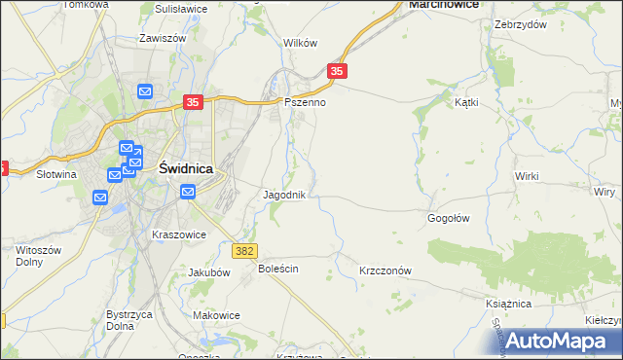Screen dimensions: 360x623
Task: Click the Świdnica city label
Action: (185, 167)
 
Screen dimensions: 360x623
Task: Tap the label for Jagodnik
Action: (285, 195)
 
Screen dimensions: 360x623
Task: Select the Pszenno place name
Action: (304, 101)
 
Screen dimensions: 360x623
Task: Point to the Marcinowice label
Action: (447, 5)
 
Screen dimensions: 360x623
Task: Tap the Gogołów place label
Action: (449, 218)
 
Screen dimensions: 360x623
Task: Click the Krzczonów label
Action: (386, 271)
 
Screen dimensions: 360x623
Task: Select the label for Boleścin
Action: (277, 268)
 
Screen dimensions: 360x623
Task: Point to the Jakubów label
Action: (208, 272)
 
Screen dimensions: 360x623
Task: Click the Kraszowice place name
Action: (178, 234)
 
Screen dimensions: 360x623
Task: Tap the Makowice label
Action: (216, 314)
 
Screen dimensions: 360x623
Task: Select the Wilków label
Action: (300, 43)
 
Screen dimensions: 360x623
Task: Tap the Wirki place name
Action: (527, 175)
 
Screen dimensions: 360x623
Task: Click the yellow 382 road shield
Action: (245, 251)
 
